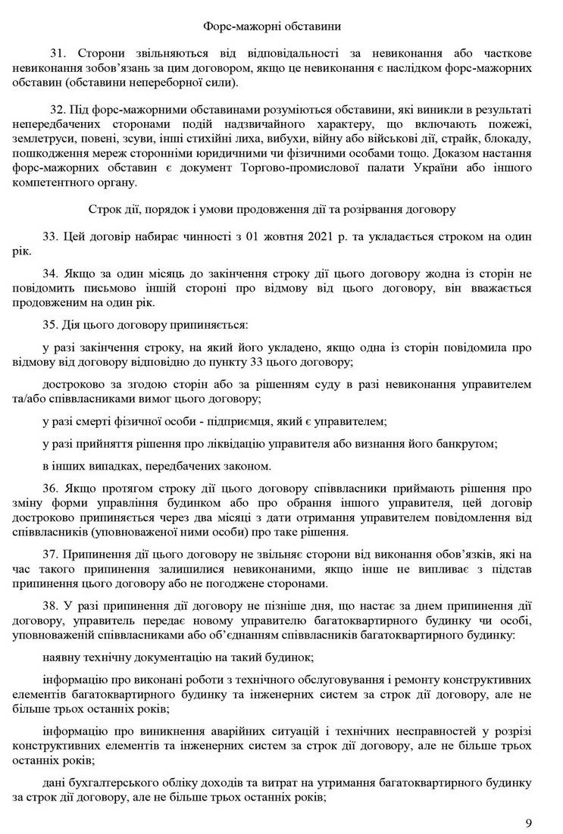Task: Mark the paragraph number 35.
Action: click(x=52, y=324)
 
